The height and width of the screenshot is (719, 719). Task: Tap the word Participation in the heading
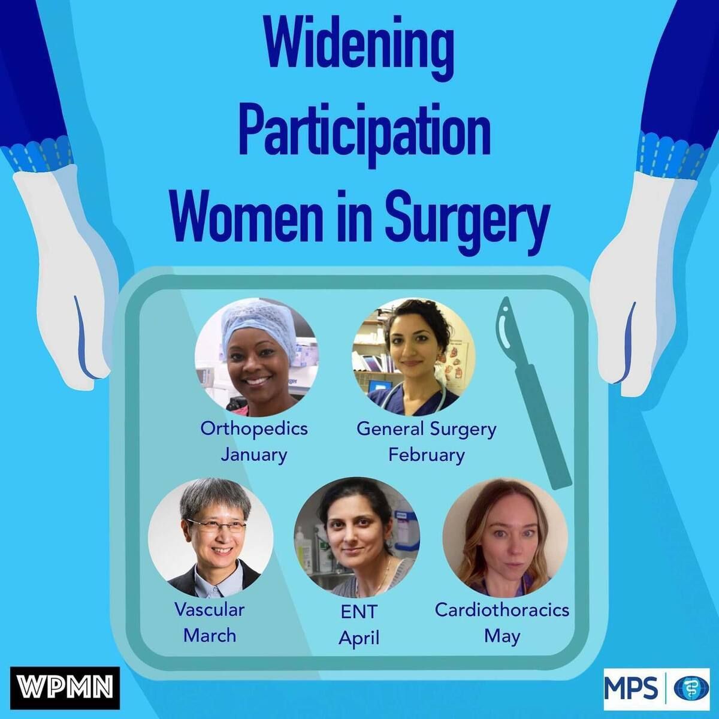[x=364, y=134]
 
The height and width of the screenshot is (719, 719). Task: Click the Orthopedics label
[x=254, y=429]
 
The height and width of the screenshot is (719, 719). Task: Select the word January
[x=254, y=455]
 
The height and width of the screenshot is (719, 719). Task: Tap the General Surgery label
[x=427, y=430]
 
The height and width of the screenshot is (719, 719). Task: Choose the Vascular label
[x=210, y=610]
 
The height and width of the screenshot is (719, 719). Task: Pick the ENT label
[x=359, y=611]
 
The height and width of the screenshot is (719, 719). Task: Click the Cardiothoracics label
[x=502, y=610]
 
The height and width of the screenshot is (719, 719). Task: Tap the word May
[x=502, y=636]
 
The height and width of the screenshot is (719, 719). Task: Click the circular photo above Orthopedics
[x=256, y=357]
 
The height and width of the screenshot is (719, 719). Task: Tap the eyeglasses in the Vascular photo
[x=216, y=525]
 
